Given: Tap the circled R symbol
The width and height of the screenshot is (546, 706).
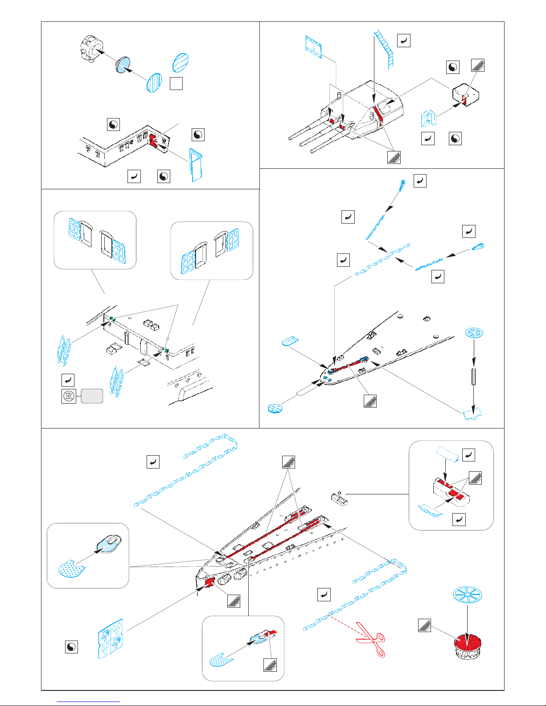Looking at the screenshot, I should coord(69,396).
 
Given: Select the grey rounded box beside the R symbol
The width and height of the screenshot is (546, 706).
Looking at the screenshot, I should coord(92,396).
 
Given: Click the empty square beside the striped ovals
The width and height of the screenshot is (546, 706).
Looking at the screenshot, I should coord(176,83).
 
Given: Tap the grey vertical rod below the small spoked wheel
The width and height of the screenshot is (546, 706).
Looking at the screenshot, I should coord(474,376).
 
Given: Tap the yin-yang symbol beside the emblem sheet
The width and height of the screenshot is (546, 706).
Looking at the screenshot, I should coord(71,647).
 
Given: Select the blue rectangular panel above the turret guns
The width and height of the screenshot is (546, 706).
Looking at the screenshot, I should coord(313,47).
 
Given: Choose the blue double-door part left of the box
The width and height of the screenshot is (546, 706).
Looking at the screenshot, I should coord(428,118).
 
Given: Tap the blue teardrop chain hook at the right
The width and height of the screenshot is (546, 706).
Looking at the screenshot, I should coord(478,247).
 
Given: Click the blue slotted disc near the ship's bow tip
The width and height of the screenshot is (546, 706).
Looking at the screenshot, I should coord(275,408).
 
